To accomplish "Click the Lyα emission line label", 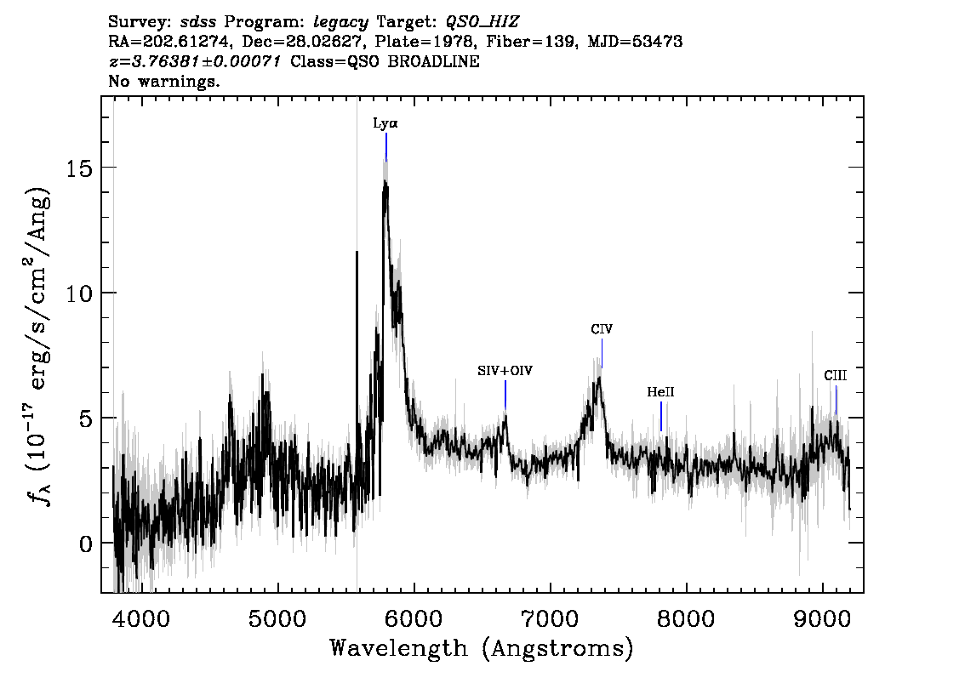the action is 385,123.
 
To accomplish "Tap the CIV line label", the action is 602,329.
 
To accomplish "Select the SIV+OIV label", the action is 505,370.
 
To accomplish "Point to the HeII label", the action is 660,392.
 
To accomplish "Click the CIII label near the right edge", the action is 835,375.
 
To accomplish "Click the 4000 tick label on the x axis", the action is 142,618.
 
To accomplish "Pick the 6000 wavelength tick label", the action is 414,618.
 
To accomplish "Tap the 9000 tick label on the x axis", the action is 822,618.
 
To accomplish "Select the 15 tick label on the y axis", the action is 80,168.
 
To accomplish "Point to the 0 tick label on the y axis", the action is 87,544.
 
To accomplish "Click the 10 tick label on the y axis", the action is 80,293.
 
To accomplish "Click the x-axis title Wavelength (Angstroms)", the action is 482,648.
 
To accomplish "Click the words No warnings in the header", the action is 163,81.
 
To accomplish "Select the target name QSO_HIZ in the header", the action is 482,23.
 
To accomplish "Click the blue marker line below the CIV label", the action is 602,353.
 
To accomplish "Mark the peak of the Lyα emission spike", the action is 385,182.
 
